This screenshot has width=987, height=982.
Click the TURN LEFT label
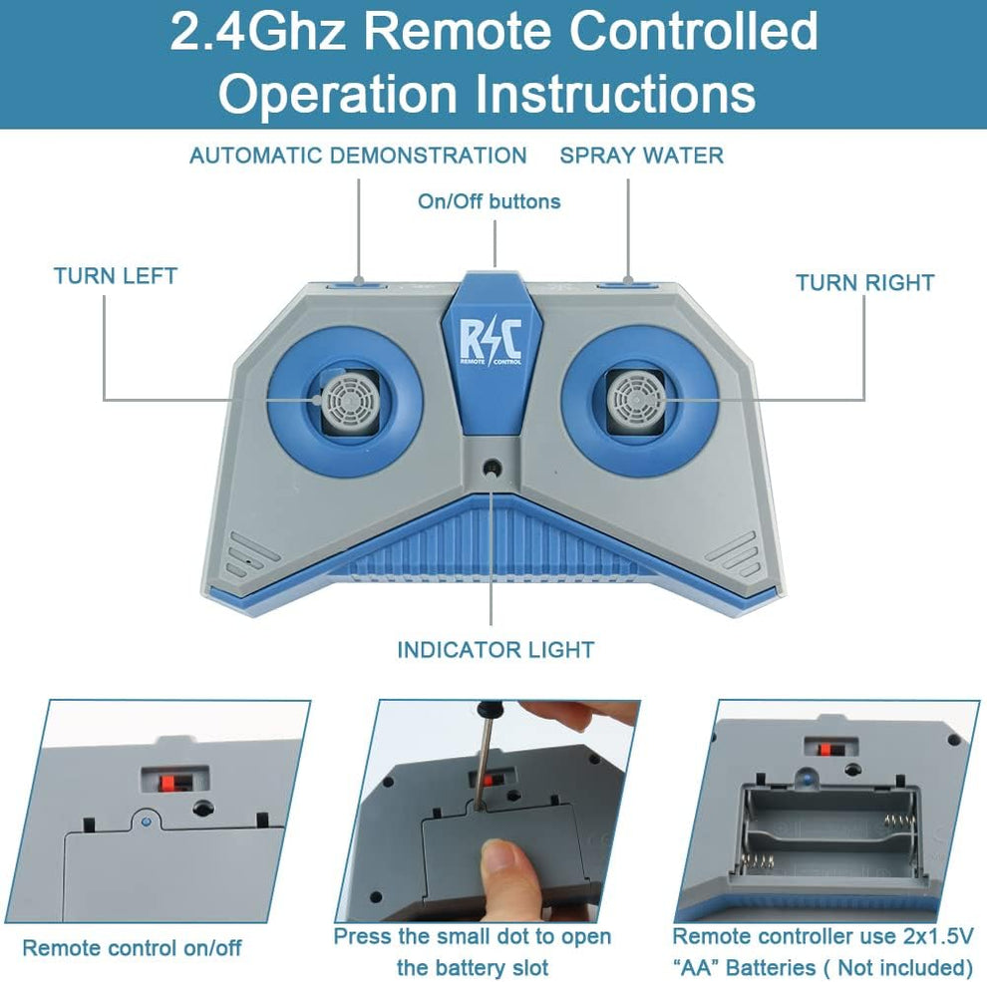[x=116, y=276]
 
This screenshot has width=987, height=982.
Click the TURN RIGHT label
[x=865, y=283]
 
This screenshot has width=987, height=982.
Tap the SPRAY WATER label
[x=641, y=156]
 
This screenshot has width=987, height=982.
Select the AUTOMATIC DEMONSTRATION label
[x=358, y=156]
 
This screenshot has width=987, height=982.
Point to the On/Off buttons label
[x=490, y=201]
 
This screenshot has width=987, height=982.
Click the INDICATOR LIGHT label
[x=495, y=650]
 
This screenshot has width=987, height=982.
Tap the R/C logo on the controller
[x=491, y=342]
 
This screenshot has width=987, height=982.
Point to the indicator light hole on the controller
[x=491, y=469]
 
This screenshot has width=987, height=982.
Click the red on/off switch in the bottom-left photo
[x=166, y=783]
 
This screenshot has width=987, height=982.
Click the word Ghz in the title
[x=300, y=32]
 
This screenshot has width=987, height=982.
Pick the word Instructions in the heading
[x=614, y=93]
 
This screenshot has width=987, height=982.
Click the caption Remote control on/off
[x=133, y=948]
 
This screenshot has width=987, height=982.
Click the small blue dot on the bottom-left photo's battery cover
[x=147, y=821]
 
